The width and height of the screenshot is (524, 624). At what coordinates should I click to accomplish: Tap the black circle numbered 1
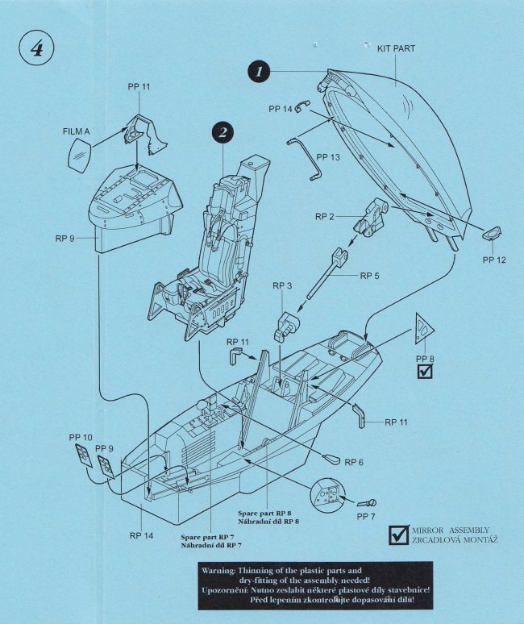(259, 72)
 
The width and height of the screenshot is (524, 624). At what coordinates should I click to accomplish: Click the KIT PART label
(396, 48)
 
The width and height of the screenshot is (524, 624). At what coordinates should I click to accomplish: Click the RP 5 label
(370, 276)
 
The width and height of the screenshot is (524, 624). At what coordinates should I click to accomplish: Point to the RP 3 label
(282, 285)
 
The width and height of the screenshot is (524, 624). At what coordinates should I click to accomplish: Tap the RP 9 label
(66, 239)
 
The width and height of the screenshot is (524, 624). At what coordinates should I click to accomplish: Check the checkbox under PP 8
(424, 372)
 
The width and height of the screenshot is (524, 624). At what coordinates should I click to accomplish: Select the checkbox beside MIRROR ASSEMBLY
(398, 534)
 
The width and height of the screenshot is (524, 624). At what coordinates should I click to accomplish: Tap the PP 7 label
(368, 516)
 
